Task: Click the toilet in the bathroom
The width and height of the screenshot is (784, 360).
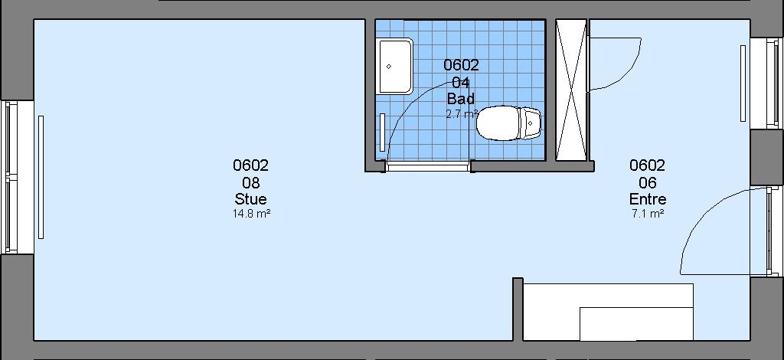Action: [x=508, y=123]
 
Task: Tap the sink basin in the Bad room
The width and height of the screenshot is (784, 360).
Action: [x=396, y=66]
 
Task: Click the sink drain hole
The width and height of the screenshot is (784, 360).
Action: [x=388, y=66]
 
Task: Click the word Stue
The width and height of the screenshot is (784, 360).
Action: [x=250, y=199]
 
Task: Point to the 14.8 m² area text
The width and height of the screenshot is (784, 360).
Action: [x=251, y=214]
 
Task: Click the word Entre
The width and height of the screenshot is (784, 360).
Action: [x=648, y=199]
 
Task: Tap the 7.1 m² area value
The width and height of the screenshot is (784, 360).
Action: [x=647, y=214]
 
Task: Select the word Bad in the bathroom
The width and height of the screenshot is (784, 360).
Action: [x=460, y=98]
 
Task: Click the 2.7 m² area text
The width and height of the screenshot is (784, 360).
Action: [x=462, y=114]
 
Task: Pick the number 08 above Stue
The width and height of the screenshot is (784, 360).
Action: [x=250, y=182]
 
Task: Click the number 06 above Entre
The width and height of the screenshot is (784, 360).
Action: [x=648, y=182]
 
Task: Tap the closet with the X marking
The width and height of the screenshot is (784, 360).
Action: [x=571, y=90]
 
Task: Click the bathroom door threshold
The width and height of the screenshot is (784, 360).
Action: [x=427, y=166]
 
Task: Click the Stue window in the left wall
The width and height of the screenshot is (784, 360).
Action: [x=11, y=177]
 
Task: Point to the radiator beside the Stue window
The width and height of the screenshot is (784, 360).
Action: [x=41, y=177]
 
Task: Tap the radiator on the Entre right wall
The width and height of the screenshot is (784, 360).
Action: [x=743, y=83]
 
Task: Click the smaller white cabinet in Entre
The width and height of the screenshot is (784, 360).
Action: [x=636, y=323]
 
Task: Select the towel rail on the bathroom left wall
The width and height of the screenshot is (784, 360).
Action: [x=383, y=133]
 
